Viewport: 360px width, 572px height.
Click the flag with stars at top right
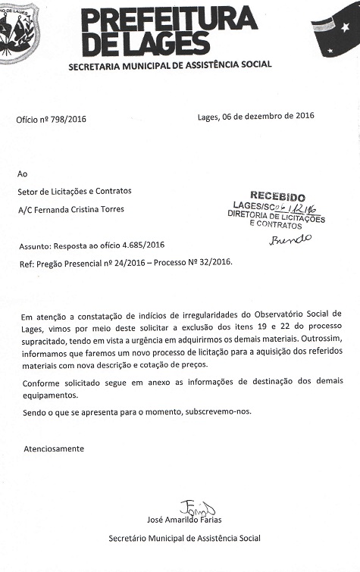(337, 30)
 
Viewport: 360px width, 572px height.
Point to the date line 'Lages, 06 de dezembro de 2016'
(255, 116)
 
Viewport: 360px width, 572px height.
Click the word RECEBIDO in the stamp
(277, 196)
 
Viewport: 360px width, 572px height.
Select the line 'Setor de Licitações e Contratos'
(74, 191)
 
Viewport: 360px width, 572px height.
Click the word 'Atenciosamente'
(53, 449)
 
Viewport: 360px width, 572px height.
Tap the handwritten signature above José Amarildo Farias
(197, 507)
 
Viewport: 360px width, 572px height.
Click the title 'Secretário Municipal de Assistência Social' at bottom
(184, 538)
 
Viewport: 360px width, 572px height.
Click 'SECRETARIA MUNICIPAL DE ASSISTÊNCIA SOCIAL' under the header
(170, 65)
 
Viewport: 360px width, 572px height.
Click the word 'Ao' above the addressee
(22, 173)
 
